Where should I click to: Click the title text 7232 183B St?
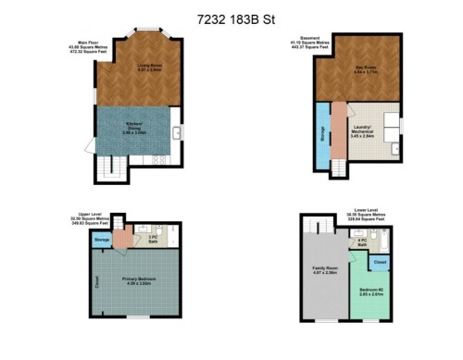[231, 18]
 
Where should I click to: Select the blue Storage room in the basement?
[321, 135]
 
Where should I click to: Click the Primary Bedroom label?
[140, 280]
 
